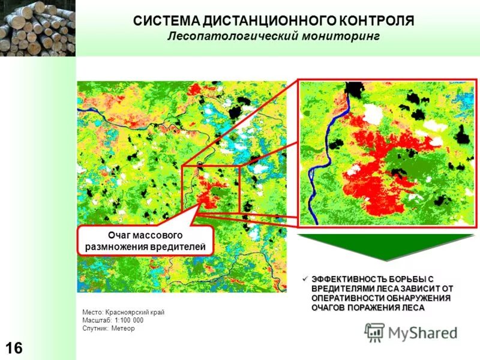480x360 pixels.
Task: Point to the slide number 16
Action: (14, 347)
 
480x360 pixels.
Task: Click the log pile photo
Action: (37, 28)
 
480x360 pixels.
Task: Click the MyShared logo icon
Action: (375, 332)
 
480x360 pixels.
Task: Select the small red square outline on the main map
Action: (218, 188)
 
